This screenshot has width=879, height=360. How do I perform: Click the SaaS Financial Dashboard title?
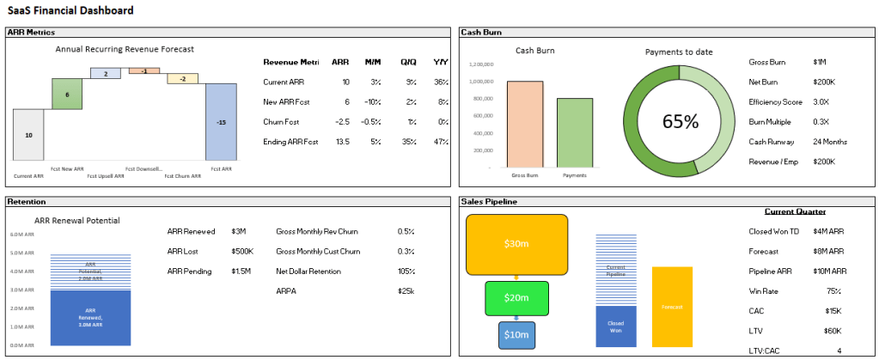coord(71,10)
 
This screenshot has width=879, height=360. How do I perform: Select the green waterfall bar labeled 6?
coord(67,95)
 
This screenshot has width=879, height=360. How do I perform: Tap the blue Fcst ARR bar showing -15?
coord(221,121)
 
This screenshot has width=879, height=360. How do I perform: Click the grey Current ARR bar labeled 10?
coord(28,134)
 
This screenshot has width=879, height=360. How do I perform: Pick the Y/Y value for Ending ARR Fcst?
coord(441,141)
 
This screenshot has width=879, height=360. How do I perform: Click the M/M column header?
coord(372,62)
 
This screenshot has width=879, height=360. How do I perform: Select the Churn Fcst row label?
coord(281,121)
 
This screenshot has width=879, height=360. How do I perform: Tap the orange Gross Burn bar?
coord(524,124)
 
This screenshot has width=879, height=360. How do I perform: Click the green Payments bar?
coord(575,132)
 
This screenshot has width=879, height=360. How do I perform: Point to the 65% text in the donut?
coord(680,121)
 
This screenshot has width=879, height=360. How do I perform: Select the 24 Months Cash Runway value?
coord(830,141)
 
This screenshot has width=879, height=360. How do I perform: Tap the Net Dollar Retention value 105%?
coord(406,271)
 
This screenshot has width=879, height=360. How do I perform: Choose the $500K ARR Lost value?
coord(242,251)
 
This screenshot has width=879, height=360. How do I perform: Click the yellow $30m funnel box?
coord(516,244)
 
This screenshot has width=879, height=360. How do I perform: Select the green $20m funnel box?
coord(516,297)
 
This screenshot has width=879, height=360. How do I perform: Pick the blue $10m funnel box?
coord(516,334)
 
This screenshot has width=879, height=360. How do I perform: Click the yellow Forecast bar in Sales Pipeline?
coord(672,307)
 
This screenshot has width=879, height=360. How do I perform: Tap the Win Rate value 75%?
coord(832,290)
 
